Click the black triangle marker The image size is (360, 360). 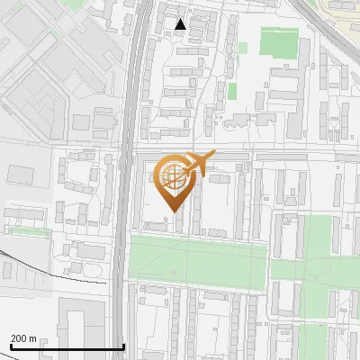pos(181,24)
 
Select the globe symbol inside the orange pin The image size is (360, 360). pos(174,176)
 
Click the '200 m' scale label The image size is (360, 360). pos(23,338)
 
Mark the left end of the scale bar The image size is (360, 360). pos(10,347)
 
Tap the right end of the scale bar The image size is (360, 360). pos(123,347)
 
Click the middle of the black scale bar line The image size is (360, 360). pos(67,347)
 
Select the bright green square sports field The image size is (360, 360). pos(279,42)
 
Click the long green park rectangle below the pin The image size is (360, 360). pos(198,261)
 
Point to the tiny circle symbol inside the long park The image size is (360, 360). pos(174,271)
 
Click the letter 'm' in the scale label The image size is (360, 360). pos(31,338)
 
